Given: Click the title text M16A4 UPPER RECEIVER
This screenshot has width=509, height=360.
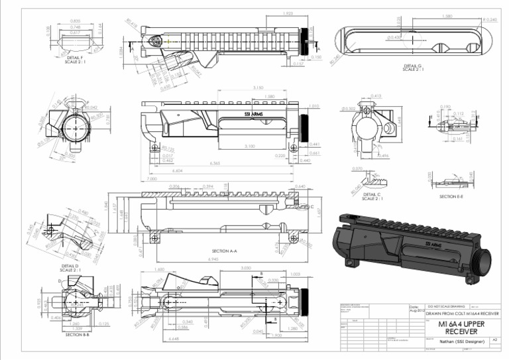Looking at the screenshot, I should coord(461,327).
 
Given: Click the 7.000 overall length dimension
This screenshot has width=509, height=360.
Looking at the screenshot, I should coord(152,179).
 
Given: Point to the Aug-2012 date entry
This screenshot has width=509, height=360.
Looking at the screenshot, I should coord(415,310).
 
